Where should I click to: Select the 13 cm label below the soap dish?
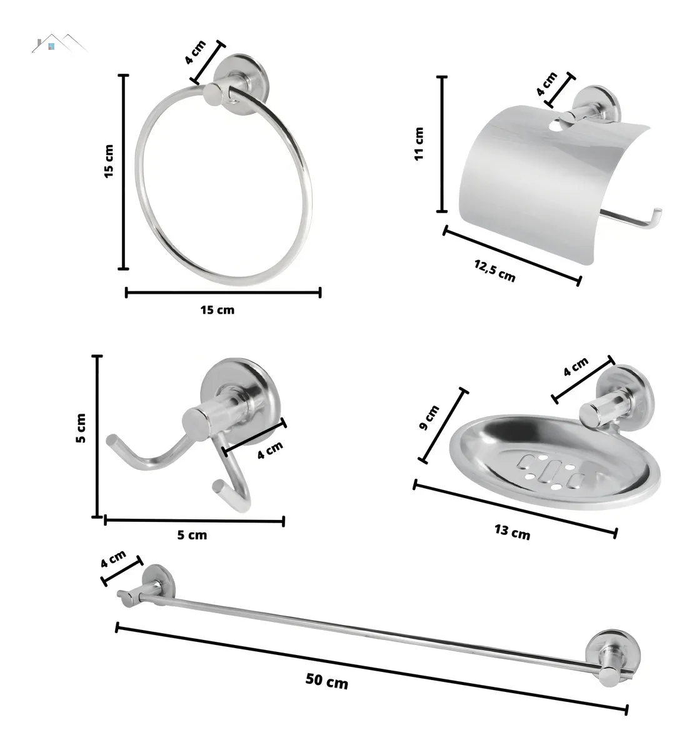click(x=512, y=532)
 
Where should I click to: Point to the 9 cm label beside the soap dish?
click(x=430, y=417)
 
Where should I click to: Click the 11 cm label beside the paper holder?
click(x=419, y=144)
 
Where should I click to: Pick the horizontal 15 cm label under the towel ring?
click(x=217, y=309)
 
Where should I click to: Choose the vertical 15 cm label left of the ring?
click(x=109, y=162)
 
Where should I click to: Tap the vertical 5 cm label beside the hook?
click(x=81, y=429)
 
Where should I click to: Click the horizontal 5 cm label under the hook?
click(x=192, y=535)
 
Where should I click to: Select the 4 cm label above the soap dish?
click(x=575, y=367)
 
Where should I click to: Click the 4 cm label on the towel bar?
click(x=114, y=559)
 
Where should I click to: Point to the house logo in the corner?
click(x=59, y=45)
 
